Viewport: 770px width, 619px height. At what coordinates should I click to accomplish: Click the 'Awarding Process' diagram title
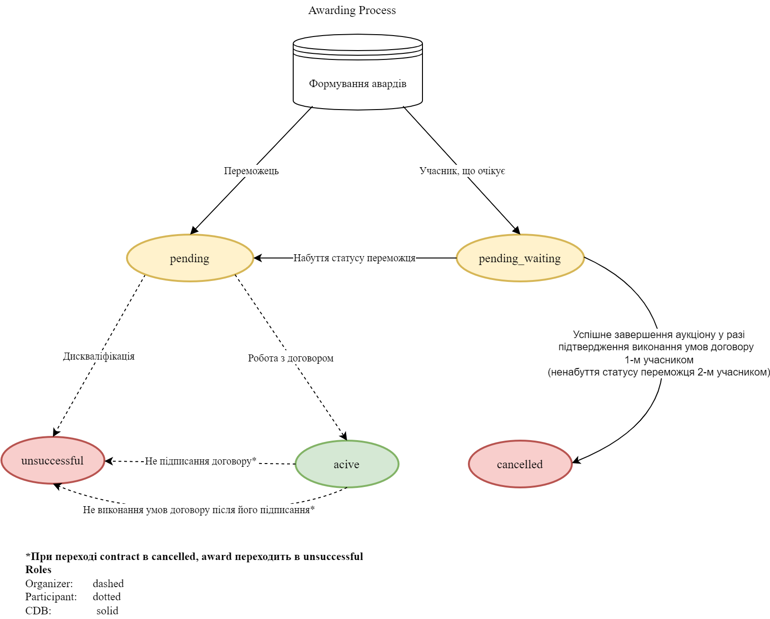[x=352, y=10]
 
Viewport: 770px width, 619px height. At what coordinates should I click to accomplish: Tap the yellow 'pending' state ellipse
[x=190, y=258]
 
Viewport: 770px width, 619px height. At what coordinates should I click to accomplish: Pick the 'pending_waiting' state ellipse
[x=520, y=258]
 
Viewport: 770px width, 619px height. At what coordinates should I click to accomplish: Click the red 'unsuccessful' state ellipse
[x=52, y=460]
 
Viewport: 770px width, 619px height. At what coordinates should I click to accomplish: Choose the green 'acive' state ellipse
[x=347, y=464]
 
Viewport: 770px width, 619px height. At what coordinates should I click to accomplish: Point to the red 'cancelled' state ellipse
[x=520, y=464]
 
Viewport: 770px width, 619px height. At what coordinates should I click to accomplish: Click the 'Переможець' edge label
[x=251, y=171]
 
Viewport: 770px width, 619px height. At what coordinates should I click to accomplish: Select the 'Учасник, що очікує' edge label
[x=462, y=171]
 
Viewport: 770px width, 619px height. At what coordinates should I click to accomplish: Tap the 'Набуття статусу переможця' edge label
[x=354, y=258]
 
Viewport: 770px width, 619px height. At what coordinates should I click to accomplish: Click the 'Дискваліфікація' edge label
[x=99, y=356]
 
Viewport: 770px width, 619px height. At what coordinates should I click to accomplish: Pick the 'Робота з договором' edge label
[x=291, y=358]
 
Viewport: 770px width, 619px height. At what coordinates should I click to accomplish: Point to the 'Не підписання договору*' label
[x=200, y=461]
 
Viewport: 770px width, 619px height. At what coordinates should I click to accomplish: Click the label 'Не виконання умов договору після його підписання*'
[x=199, y=510]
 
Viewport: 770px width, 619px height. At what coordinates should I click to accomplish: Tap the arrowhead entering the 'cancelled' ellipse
[x=576, y=461]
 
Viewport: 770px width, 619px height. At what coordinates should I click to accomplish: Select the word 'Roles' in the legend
[x=38, y=570]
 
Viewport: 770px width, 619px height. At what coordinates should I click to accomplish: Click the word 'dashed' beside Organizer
[x=108, y=583]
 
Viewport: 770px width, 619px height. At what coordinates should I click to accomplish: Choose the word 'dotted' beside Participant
[x=107, y=597]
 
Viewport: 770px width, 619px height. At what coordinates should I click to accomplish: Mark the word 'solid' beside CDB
[x=107, y=611]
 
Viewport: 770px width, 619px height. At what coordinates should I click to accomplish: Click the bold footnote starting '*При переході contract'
[x=194, y=557]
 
